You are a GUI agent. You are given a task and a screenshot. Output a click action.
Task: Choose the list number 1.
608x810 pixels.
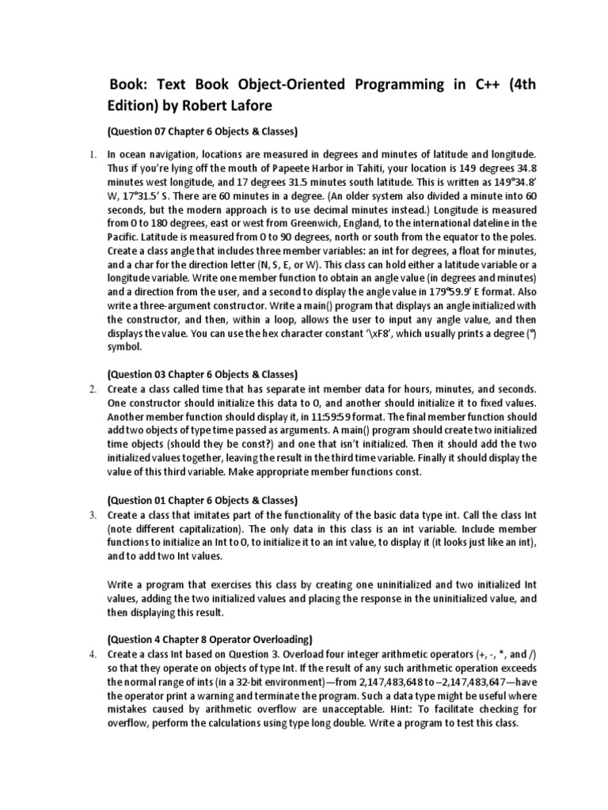[92, 155]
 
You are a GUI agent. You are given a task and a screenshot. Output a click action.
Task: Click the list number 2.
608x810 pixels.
[93, 388]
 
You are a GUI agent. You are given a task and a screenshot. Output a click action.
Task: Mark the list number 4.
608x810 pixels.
[93, 653]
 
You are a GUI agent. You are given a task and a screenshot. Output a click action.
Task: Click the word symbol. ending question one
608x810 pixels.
[125, 346]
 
